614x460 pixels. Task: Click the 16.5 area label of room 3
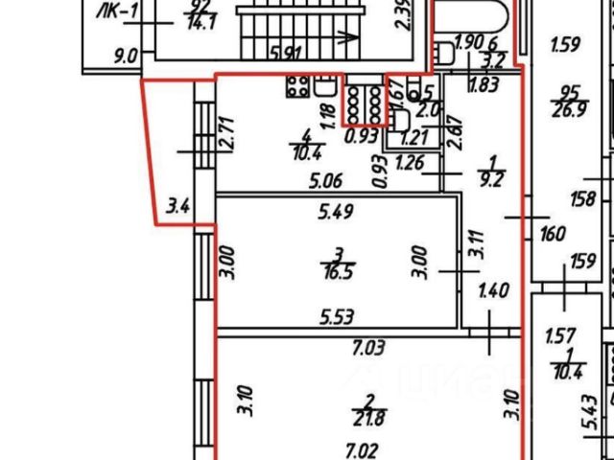(336, 271)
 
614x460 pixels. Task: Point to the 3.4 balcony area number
(177, 204)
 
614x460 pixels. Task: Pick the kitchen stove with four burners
(296, 86)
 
